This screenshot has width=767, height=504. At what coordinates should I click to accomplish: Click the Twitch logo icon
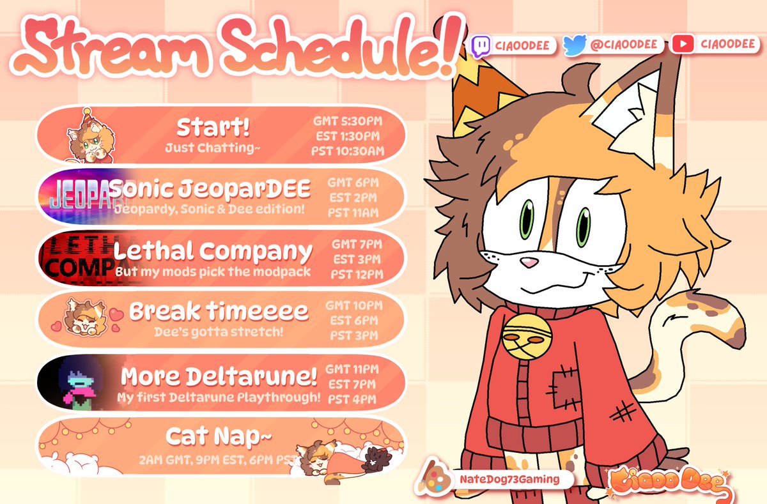tap(481, 45)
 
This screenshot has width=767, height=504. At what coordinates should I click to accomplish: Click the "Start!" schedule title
tap(213, 128)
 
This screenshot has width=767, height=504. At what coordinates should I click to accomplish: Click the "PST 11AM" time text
tap(353, 212)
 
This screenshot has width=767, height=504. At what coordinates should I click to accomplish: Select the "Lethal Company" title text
tap(213, 251)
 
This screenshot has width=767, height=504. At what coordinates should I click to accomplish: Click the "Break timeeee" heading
tap(219, 312)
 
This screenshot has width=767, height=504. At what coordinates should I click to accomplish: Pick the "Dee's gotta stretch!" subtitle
tap(219, 332)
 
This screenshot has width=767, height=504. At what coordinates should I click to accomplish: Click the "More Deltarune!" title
tap(219, 376)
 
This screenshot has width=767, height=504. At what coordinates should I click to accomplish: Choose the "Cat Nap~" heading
tap(219, 437)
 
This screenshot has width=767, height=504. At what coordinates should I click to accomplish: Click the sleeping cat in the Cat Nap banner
tap(326, 455)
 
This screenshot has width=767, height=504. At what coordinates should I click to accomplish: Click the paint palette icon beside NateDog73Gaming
tap(430, 478)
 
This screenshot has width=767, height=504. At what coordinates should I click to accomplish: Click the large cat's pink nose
tap(528, 261)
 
